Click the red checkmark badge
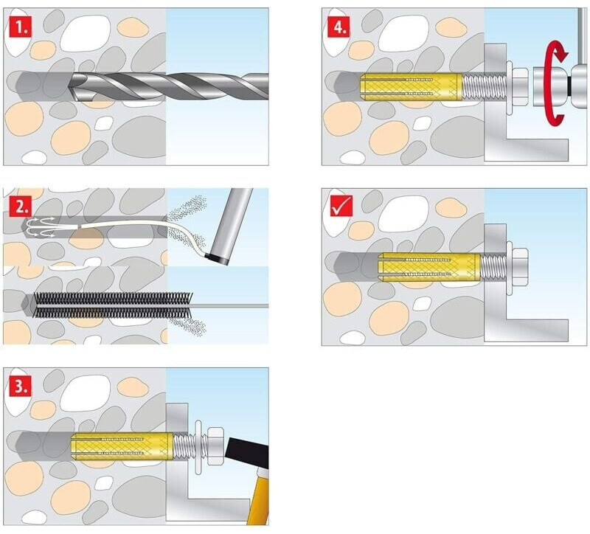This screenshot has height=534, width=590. click(339, 207)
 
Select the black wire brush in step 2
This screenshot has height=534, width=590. click(103, 303)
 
